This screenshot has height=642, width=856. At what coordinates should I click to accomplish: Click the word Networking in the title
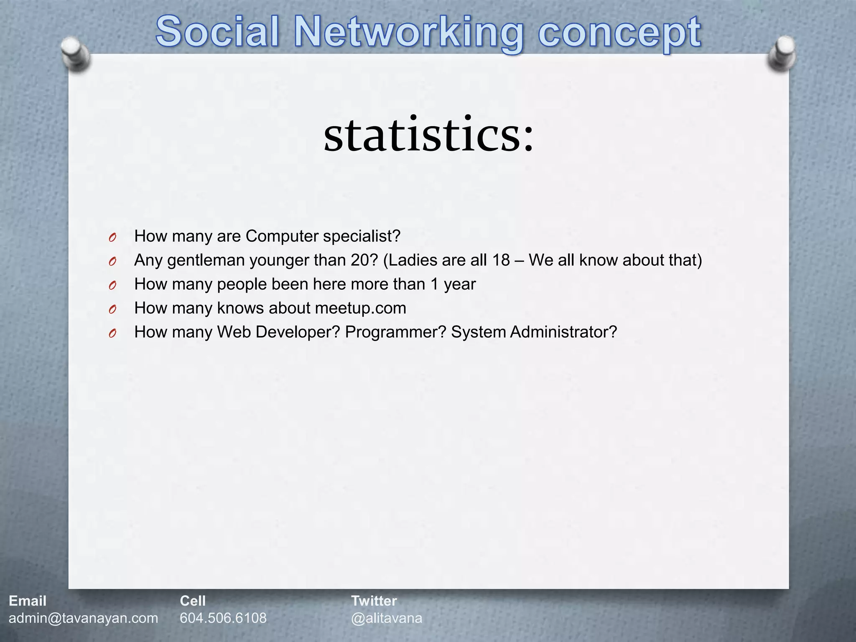click(x=409, y=33)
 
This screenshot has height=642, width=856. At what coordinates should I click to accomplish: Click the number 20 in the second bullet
click(x=360, y=260)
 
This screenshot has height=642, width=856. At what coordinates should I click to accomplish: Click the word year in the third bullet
click(x=460, y=285)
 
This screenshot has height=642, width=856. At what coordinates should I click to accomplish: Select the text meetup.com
click(x=361, y=308)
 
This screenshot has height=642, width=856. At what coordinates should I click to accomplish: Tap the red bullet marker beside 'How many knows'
click(x=112, y=309)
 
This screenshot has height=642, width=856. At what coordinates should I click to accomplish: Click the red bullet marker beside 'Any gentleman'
click(x=112, y=261)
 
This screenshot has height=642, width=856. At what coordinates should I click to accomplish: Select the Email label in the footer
click(x=28, y=601)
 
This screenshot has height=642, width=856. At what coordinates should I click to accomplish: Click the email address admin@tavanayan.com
click(x=84, y=618)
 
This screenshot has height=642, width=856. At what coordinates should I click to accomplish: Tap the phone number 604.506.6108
click(x=223, y=618)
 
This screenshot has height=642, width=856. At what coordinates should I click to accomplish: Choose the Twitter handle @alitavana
click(x=387, y=618)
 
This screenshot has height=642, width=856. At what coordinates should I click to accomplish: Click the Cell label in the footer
click(x=193, y=601)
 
